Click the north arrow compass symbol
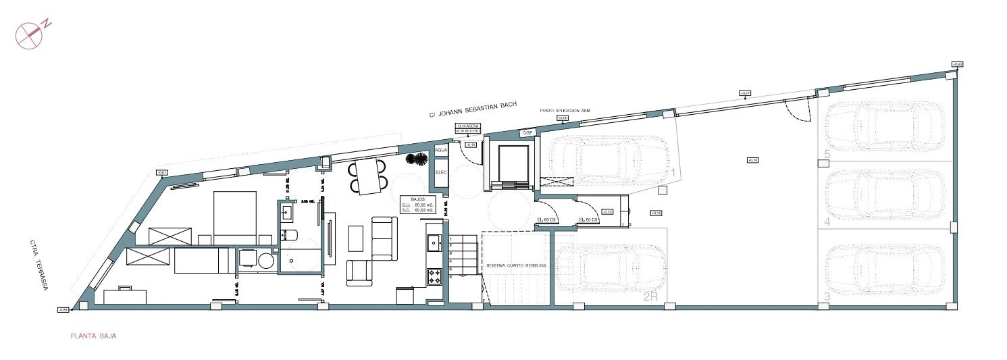coord(29,35)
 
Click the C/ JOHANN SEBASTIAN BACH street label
coord(473,109)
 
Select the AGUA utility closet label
coord(442,150)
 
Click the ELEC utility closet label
coord(442,172)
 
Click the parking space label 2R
coord(650,296)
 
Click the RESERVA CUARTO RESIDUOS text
coord(516,266)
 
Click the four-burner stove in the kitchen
coord(434,275)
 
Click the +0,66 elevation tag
coord(957,64)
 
